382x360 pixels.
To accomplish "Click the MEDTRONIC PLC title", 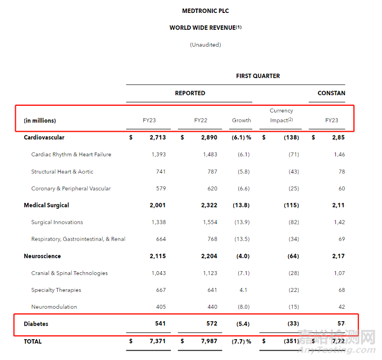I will pyautogui.click(x=206, y=11).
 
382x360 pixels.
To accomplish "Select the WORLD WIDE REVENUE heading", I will pyautogui.click(x=206, y=28).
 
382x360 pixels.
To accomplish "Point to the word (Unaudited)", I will pyautogui.click(x=206, y=44).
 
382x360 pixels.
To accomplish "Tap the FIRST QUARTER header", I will pyautogui.click(x=258, y=76).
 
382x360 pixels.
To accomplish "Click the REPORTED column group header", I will pyautogui.click(x=190, y=93).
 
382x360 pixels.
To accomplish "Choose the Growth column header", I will pyautogui.click(x=242, y=120).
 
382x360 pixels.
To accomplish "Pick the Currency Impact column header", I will pyautogui.click(x=281, y=115).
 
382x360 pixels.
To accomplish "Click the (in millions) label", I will pyautogui.click(x=40, y=120).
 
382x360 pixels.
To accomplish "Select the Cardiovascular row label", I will pyautogui.click(x=44, y=138).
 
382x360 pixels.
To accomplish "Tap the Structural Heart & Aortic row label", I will pyautogui.click(x=62, y=172).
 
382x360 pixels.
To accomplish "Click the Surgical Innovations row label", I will pyautogui.click(x=57, y=222).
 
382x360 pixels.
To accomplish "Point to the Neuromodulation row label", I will pyautogui.click(x=54, y=307).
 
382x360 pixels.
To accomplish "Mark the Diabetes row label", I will pyautogui.click(x=37, y=324).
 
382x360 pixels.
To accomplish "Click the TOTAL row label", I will pyautogui.click(x=33, y=341).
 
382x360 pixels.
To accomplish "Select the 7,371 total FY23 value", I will pyautogui.click(x=157, y=341).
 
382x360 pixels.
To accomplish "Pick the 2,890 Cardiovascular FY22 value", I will pyautogui.click(x=210, y=138).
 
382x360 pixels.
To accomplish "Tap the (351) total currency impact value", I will pyautogui.click(x=290, y=341).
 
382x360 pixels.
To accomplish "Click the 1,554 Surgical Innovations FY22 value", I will pyautogui.click(x=210, y=222).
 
